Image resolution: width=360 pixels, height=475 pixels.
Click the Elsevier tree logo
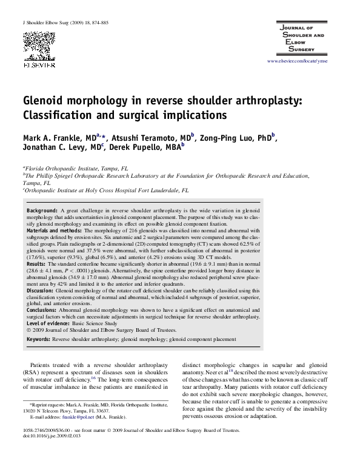coord(38,44)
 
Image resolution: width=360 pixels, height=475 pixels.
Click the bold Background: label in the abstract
coord(43,210)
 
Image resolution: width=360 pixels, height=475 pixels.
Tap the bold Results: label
coord(36,264)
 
